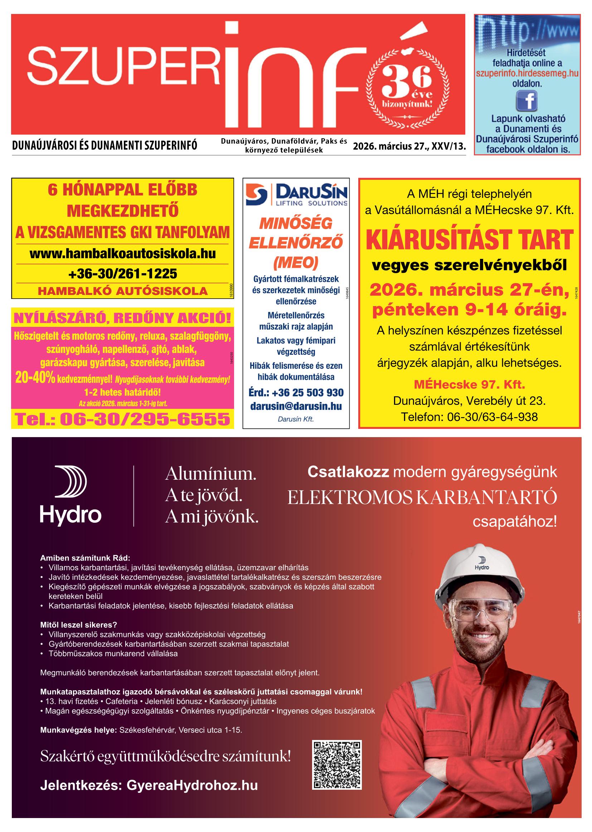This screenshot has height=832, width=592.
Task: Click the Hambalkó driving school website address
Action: (x=122, y=254)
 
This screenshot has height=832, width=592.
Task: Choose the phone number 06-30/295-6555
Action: (x=122, y=419)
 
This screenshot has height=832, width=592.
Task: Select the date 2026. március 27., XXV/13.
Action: (x=409, y=146)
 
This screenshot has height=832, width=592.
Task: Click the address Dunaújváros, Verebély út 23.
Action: (x=470, y=401)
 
